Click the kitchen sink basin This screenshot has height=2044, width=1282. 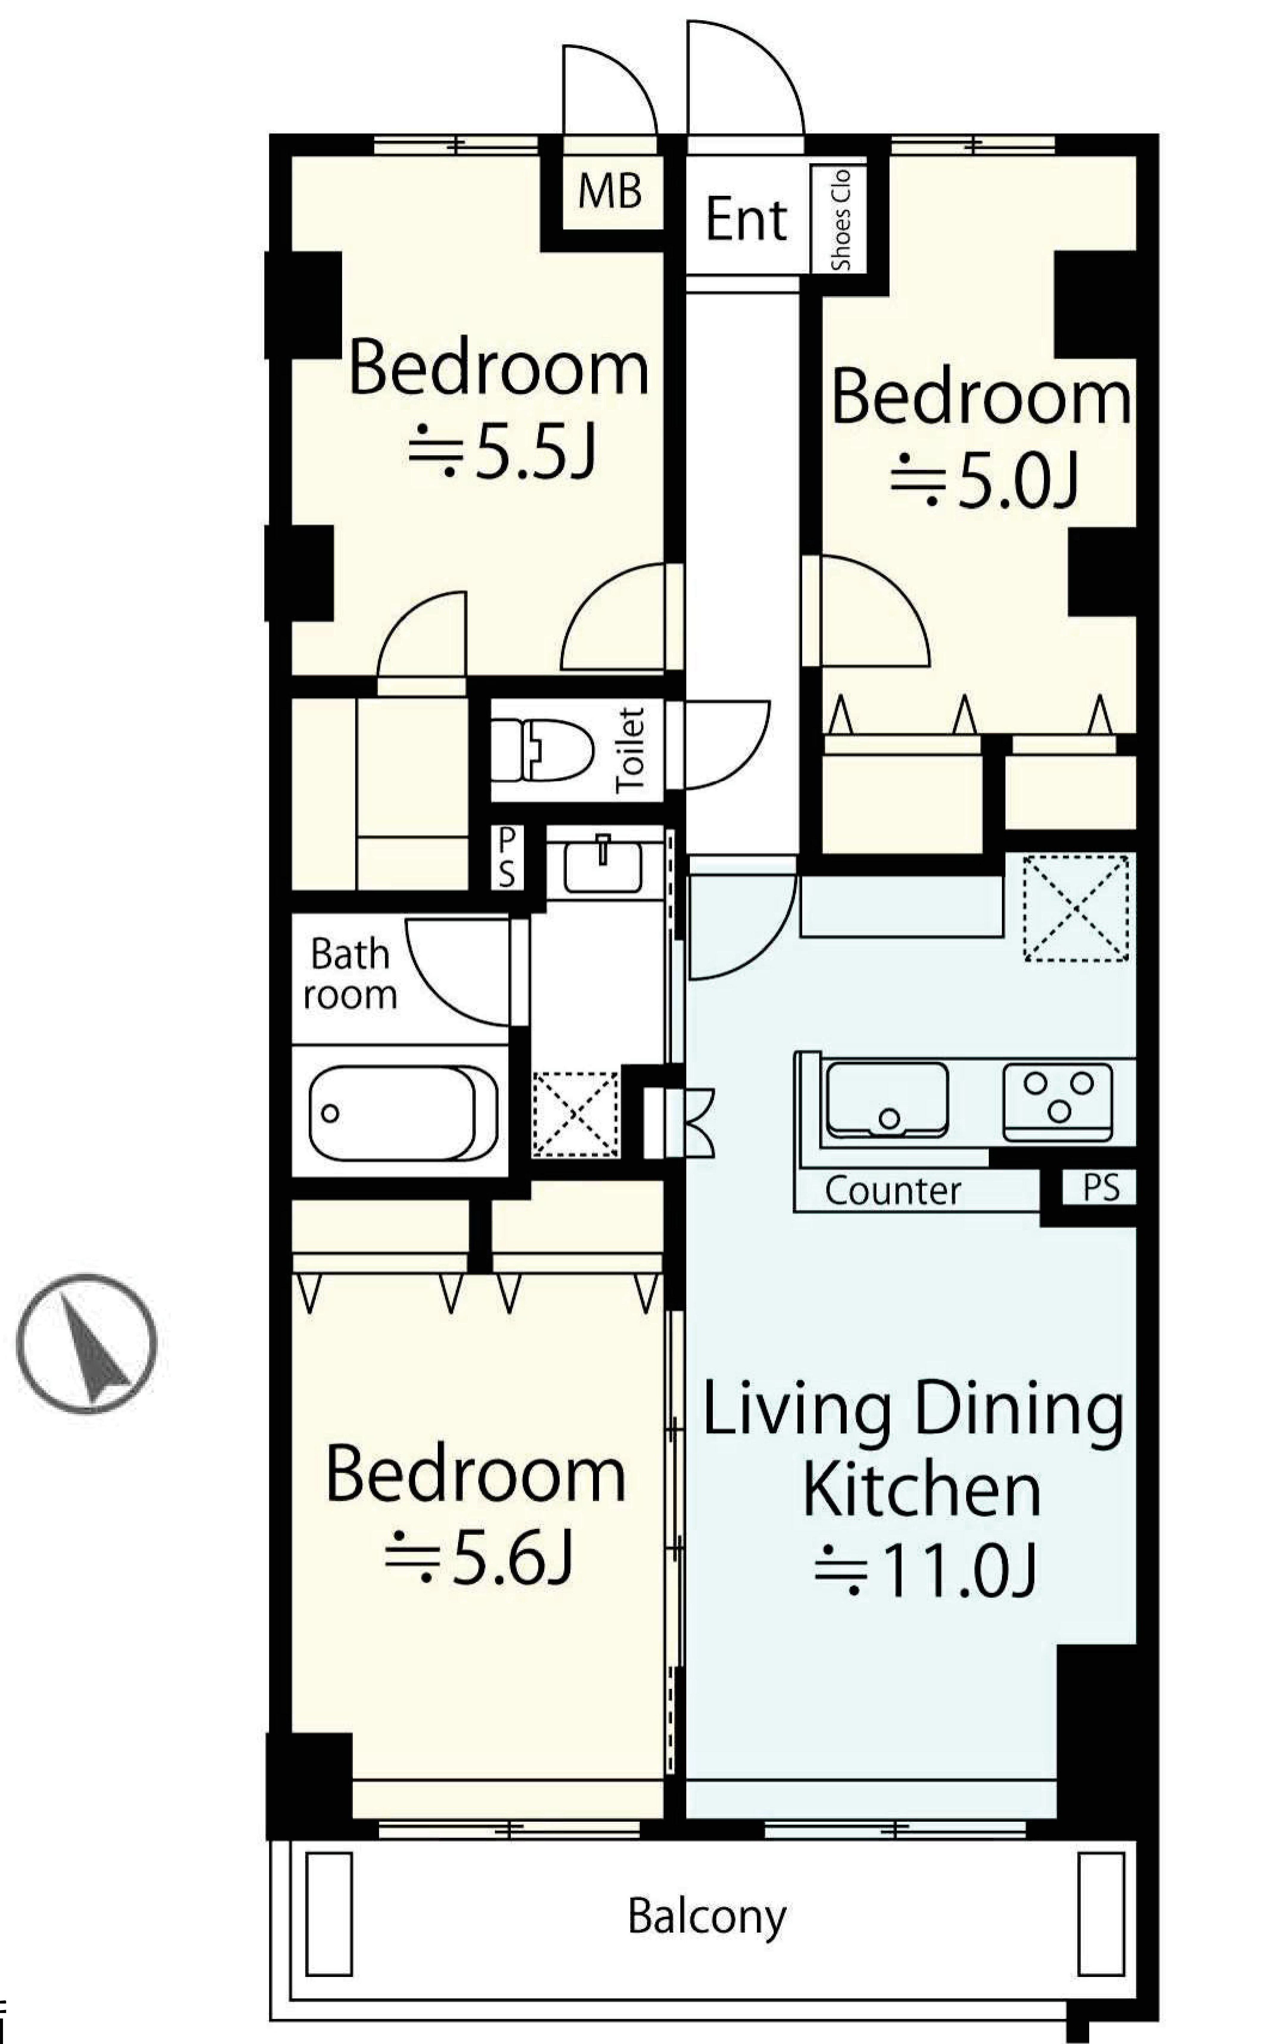887,1099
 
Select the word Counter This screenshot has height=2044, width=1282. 893,1191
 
